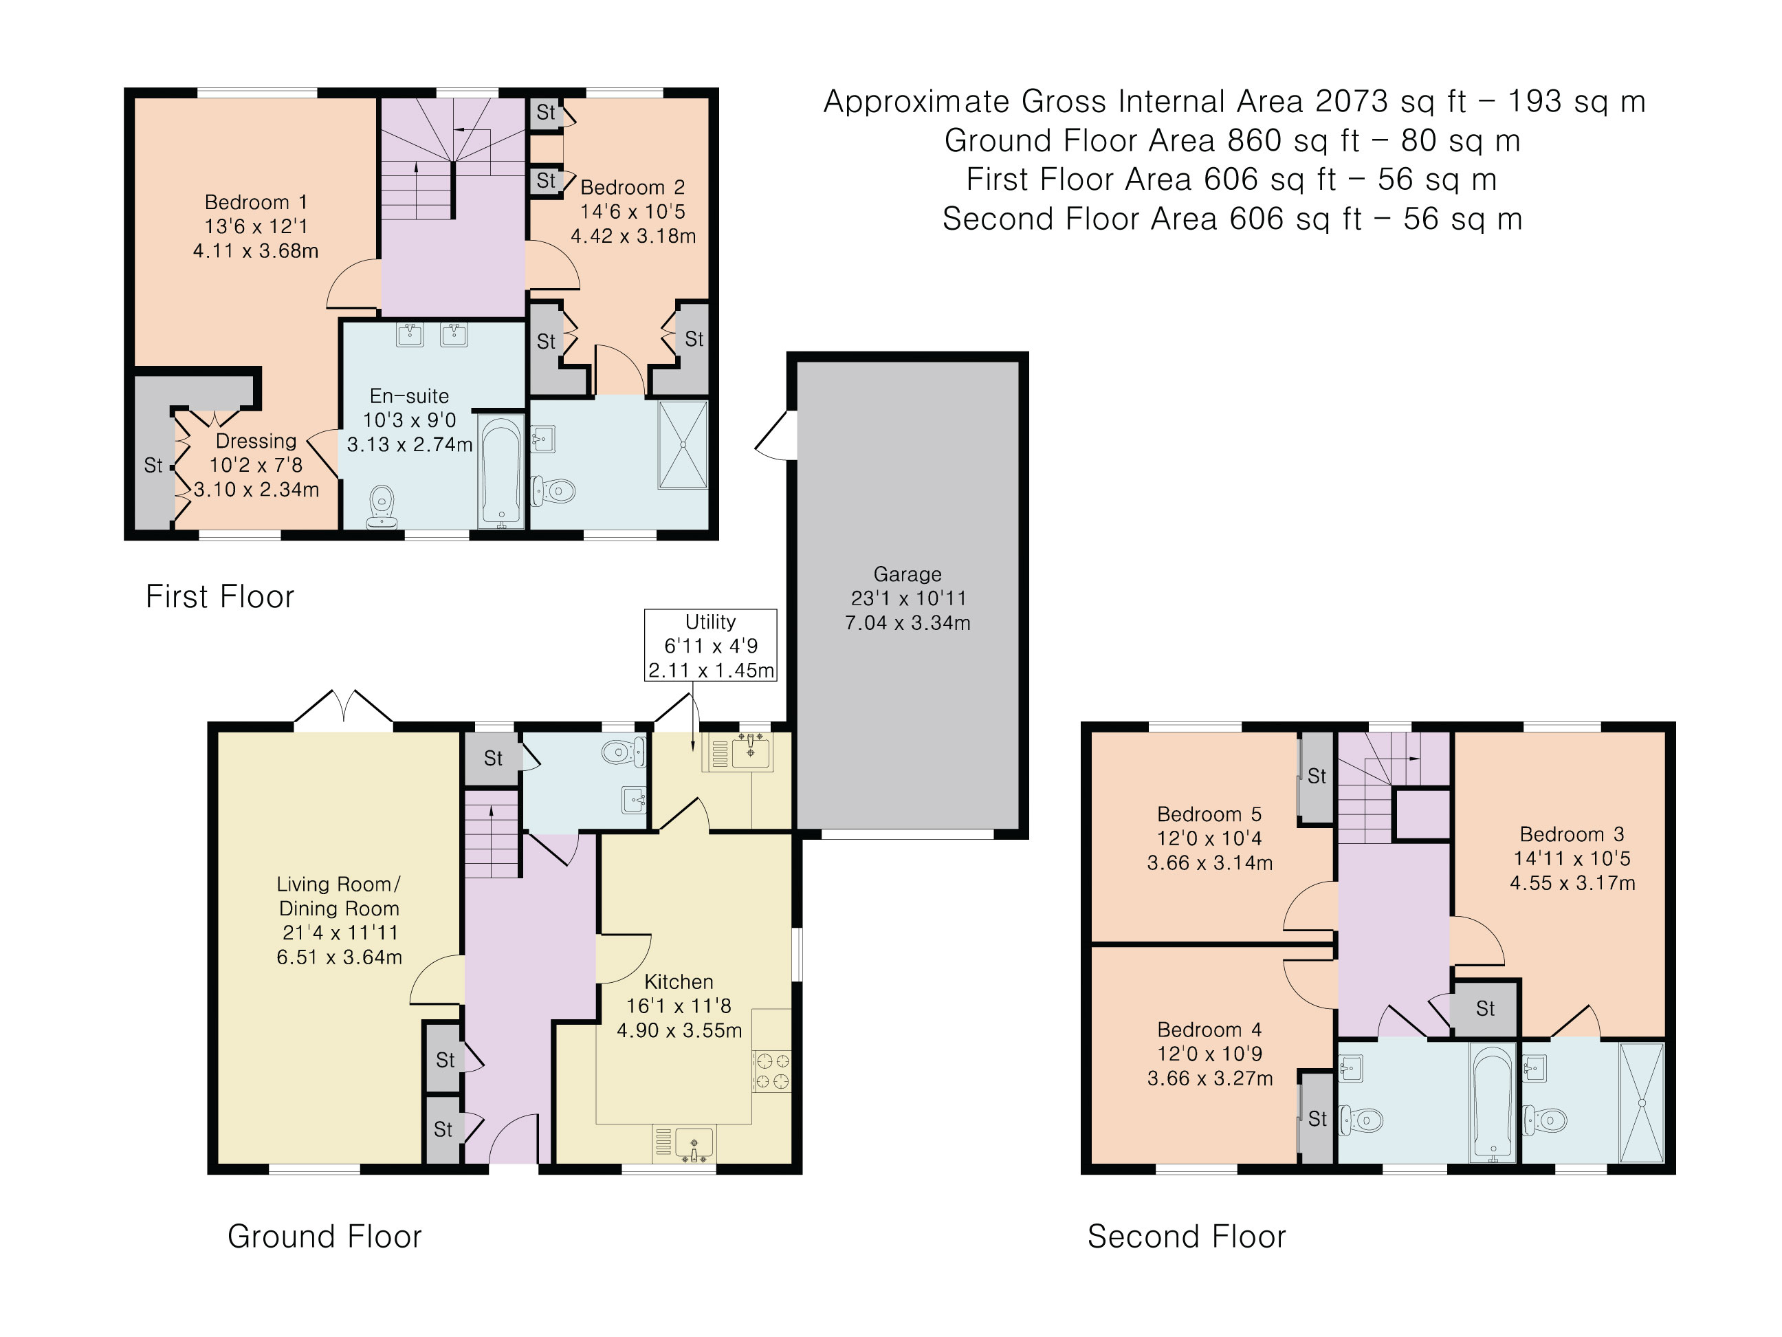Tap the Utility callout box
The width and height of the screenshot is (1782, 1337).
coord(711,646)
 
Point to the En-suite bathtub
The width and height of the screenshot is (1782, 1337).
coord(501,471)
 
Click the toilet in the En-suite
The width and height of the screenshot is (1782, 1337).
coord(382,507)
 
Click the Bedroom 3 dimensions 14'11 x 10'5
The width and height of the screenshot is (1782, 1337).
coord(1572,858)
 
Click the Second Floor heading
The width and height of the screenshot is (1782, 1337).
coord(1187,1237)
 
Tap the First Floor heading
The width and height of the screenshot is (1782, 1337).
coord(220,596)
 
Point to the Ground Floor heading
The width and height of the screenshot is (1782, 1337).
coord(324,1237)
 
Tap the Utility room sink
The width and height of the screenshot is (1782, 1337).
coord(751,752)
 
